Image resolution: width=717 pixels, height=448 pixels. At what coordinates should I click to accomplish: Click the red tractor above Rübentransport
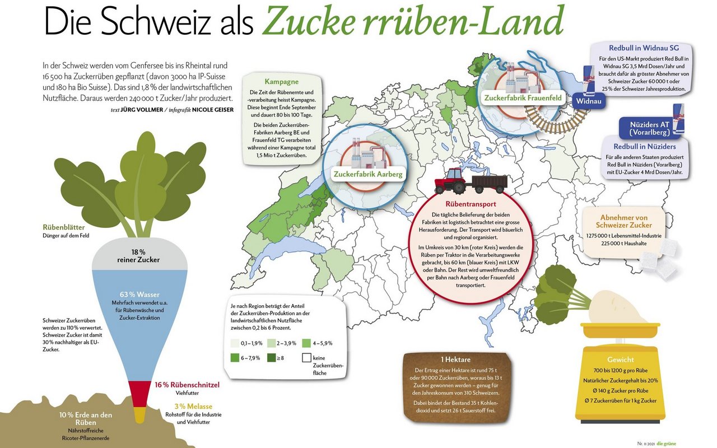pyautogui.click(x=450, y=181)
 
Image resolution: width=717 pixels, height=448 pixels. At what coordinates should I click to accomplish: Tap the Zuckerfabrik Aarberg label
pyautogui.click(x=367, y=174)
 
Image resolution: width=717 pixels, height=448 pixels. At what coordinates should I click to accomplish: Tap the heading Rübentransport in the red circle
pyautogui.click(x=471, y=204)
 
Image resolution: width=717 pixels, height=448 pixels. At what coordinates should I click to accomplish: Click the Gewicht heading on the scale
pyautogui.click(x=620, y=360)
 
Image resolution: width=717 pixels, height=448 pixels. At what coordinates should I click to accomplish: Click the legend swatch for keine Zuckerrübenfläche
pyautogui.click(x=306, y=358)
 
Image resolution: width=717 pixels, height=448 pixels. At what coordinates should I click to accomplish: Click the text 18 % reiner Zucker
pyautogui.click(x=138, y=255)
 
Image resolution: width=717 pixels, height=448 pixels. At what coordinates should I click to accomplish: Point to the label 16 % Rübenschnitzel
pyautogui.click(x=187, y=385)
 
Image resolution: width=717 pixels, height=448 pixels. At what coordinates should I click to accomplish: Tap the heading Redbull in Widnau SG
pyautogui.click(x=643, y=48)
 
